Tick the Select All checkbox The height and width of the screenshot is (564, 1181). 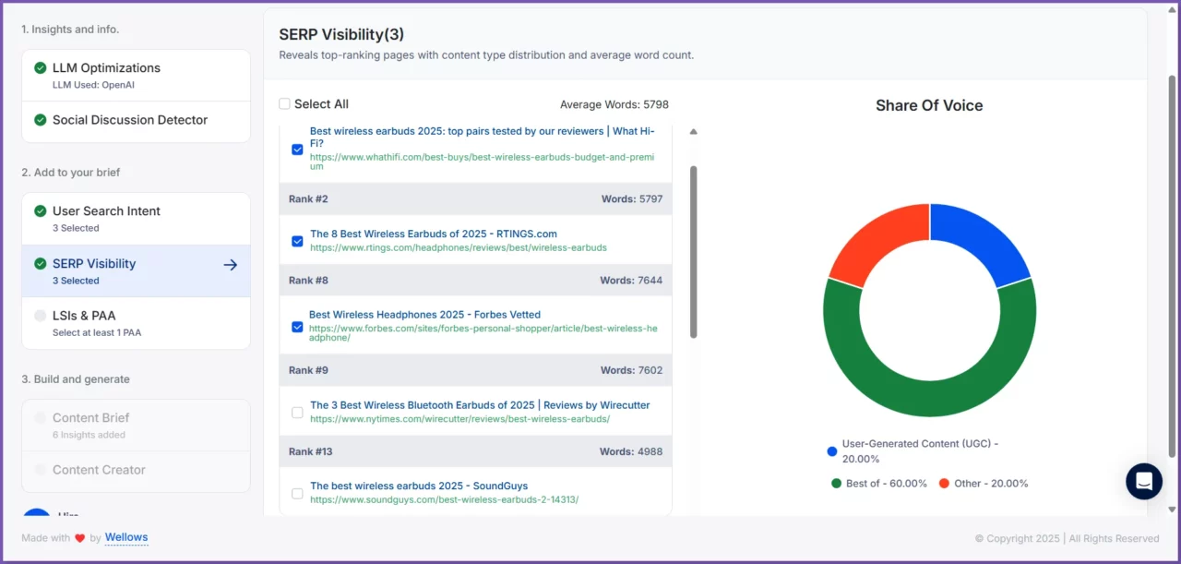click(x=284, y=104)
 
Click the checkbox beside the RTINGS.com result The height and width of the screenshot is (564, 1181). click(x=297, y=241)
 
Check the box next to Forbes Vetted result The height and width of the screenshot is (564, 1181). click(x=297, y=327)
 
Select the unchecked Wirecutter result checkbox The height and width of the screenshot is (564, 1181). click(x=297, y=413)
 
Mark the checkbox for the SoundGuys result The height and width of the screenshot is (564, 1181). click(x=297, y=494)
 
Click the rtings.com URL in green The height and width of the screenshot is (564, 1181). click(x=459, y=248)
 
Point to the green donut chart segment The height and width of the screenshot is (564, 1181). click(x=930, y=388)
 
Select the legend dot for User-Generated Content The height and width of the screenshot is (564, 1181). click(x=832, y=451)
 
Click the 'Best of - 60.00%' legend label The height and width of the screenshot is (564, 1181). click(x=886, y=484)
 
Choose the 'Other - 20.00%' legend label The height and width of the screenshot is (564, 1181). click(x=991, y=484)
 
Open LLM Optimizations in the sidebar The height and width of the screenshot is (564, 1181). click(x=106, y=68)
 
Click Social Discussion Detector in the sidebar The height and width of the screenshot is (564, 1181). click(x=130, y=120)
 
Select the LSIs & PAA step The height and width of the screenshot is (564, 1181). click(x=84, y=316)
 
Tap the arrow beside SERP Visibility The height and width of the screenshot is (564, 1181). click(x=231, y=265)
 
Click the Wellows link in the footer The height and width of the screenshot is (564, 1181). click(x=126, y=537)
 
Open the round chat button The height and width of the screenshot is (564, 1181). click(x=1144, y=481)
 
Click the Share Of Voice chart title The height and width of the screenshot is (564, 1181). click(x=929, y=105)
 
